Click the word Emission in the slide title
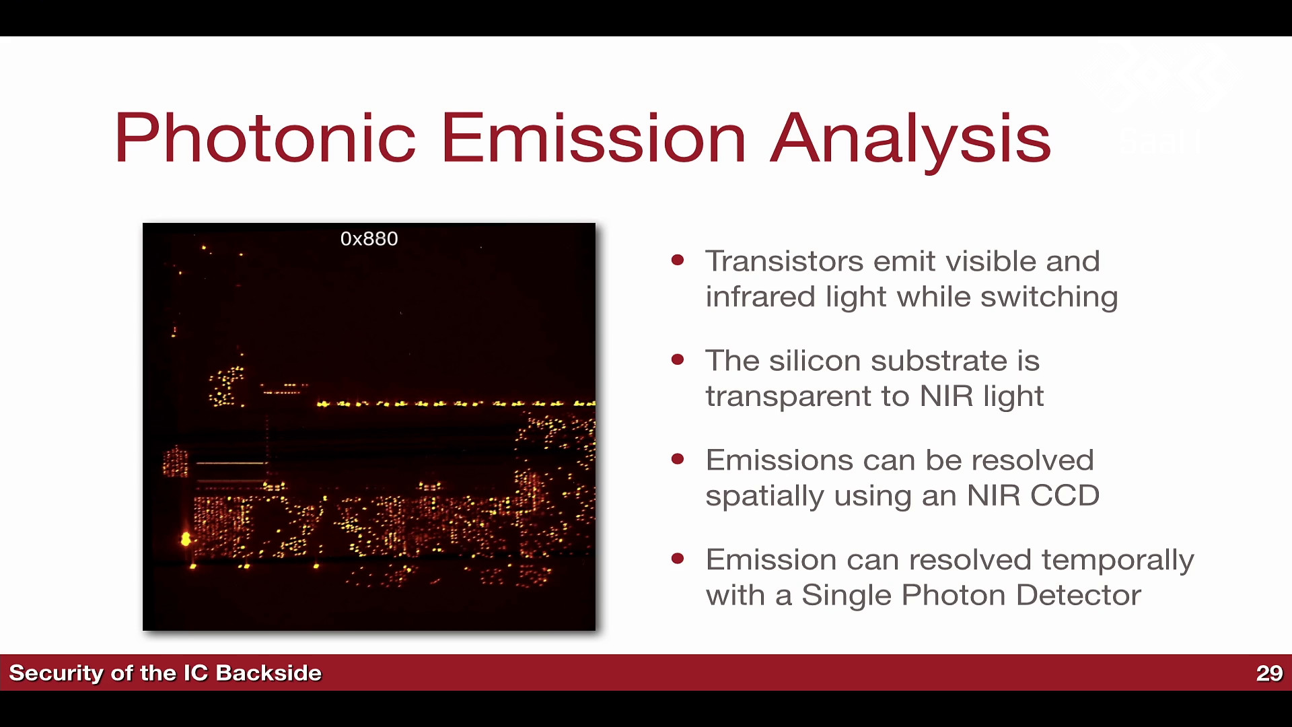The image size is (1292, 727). coord(594,138)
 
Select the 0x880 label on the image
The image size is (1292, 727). coord(369,239)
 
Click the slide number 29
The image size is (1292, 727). coord(1269,673)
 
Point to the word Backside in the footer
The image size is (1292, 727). coord(268,673)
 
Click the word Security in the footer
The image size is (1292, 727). coord(56,674)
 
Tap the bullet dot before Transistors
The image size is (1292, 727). coord(678,260)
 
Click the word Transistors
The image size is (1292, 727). coord(784,261)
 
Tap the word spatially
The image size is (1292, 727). coord(764,497)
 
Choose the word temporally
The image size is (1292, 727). coord(1118,561)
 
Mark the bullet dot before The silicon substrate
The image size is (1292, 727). coord(678,359)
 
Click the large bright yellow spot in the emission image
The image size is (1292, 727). coord(186,539)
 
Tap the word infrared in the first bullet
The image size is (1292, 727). coord(760,296)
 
